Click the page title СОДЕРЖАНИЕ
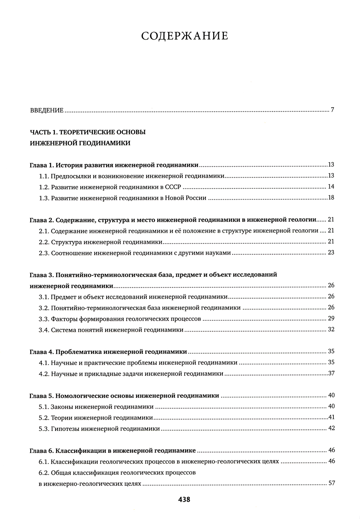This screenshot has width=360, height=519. [x=185, y=36]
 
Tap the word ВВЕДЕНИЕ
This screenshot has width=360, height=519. [x=47, y=110]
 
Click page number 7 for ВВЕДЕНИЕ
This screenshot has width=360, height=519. [x=333, y=110]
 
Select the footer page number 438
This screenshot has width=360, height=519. [x=184, y=499]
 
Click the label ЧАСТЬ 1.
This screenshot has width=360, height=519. [x=43, y=132]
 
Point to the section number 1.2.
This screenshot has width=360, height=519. [x=44, y=187]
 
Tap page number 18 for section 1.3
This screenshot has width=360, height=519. [x=331, y=198]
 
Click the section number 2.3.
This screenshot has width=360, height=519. [x=44, y=253]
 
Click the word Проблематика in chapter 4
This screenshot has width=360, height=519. [x=79, y=352]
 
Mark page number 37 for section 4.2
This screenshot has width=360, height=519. [x=331, y=373]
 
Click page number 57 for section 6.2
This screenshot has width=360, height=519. [x=332, y=483]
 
